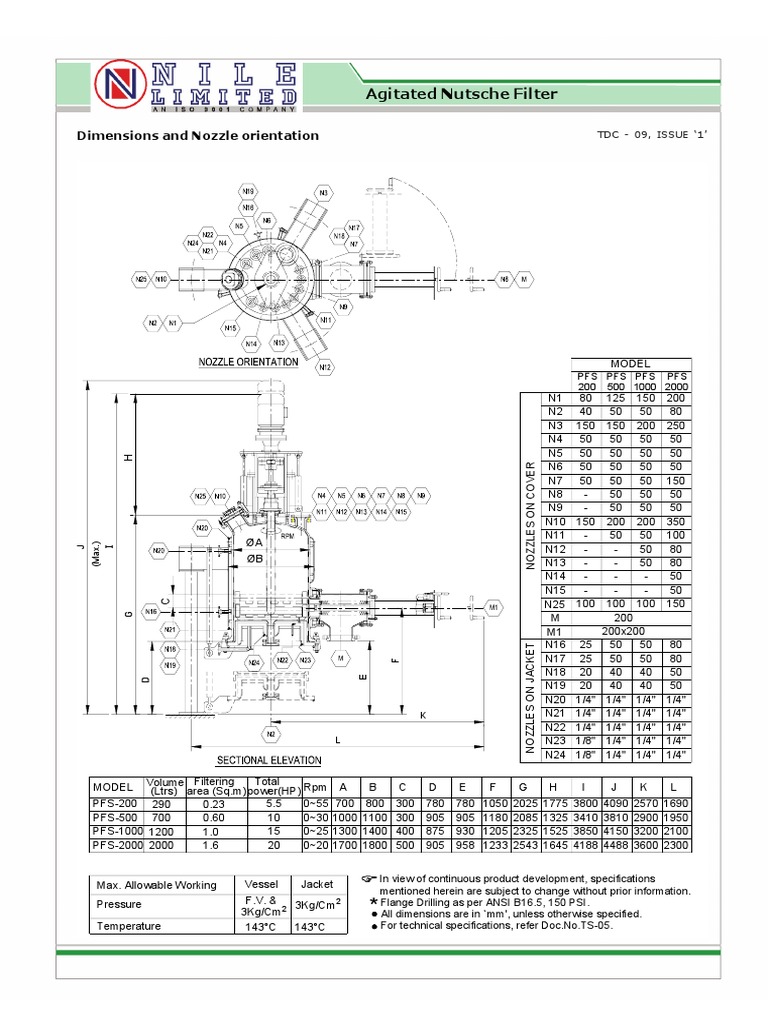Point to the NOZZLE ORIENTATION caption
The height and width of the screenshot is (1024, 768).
(248, 361)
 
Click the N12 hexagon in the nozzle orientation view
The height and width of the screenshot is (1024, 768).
(325, 368)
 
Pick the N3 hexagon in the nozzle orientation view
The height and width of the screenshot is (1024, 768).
(323, 192)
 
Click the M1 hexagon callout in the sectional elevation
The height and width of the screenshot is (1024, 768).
(492, 607)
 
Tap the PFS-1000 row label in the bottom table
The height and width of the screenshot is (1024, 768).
(118, 830)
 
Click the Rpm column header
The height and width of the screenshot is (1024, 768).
(315, 785)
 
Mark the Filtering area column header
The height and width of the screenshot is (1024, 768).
(213, 786)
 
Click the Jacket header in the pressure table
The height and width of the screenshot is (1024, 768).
(309, 884)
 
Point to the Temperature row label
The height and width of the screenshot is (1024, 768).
(128, 926)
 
